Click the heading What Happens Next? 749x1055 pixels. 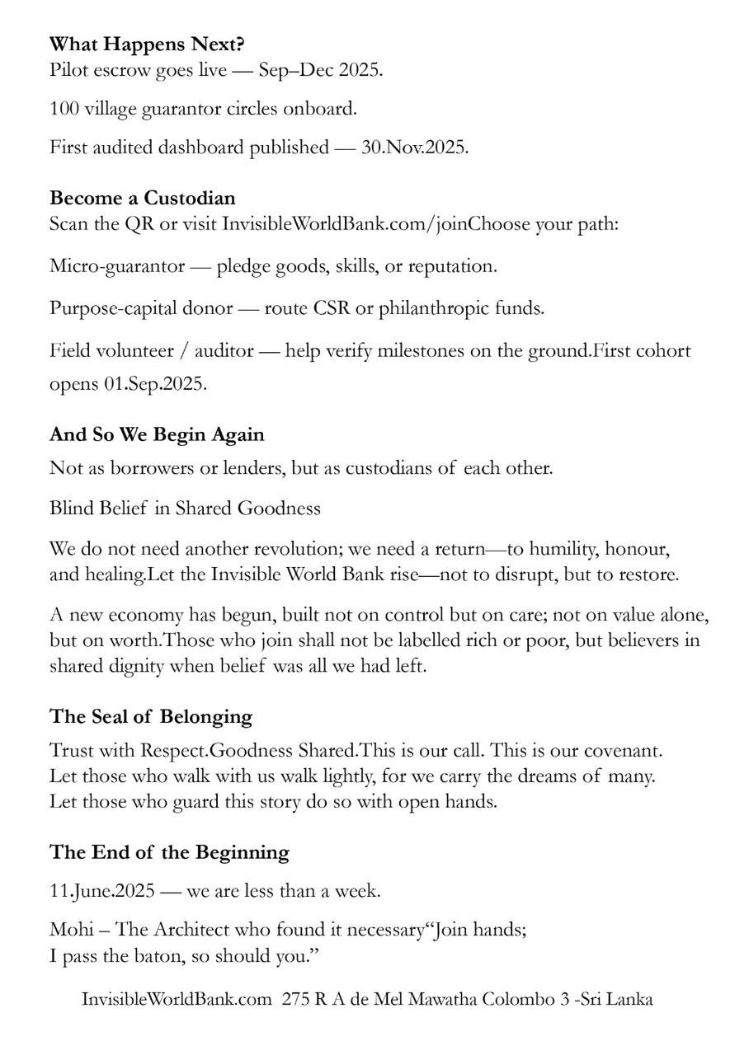pyautogui.click(x=147, y=44)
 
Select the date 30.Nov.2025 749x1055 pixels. pyautogui.click(x=414, y=148)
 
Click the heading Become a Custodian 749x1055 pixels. pyautogui.click(x=142, y=198)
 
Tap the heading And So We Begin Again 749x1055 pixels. pyautogui.click(x=157, y=434)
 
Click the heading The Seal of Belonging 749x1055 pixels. pyautogui.click(x=150, y=716)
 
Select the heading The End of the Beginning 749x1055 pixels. pyautogui.click(x=169, y=851)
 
